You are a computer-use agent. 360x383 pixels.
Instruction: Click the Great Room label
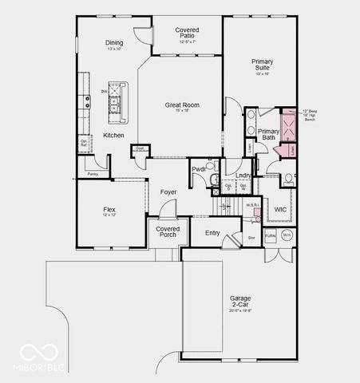coord(182,105)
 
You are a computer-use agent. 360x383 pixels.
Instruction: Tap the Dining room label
coord(114,43)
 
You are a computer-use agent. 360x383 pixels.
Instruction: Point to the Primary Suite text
coord(262,65)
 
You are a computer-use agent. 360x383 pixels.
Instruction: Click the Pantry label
coord(93,173)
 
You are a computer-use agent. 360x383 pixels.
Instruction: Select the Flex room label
coord(109,210)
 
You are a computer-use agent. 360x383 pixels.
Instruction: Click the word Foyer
coord(168,191)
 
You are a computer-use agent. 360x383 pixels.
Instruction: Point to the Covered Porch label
coord(168,231)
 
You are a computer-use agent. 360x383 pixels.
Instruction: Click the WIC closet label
coord(280,209)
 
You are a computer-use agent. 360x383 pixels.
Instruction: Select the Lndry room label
coord(243,176)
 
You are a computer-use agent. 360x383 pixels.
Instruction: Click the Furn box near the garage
coord(270,235)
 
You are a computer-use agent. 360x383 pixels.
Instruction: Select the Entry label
coord(212,233)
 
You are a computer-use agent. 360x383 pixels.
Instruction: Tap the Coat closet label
coord(139,148)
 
